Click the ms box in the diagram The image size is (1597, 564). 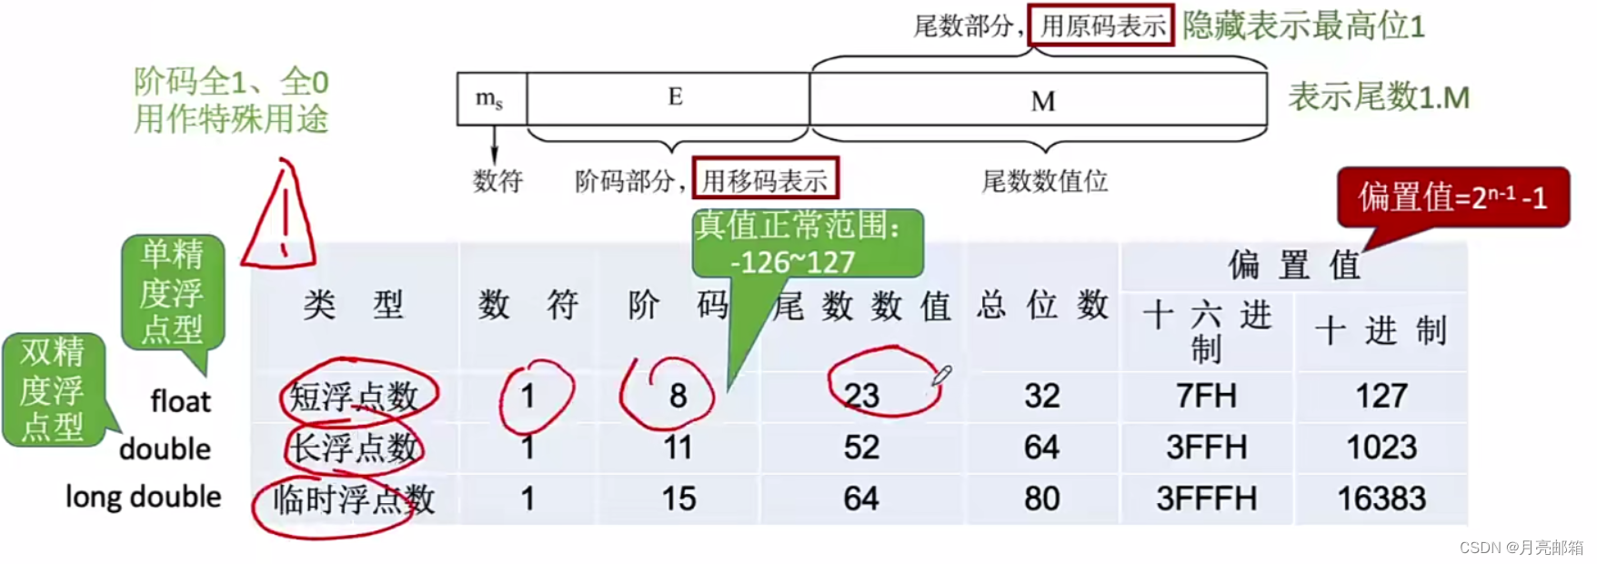pyautogui.click(x=491, y=98)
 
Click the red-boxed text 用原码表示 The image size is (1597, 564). pyautogui.click(x=1101, y=25)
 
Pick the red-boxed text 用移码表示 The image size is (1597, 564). pyautogui.click(x=765, y=180)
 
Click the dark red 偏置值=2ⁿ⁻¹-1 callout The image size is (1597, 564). pyautogui.click(x=1452, y=197)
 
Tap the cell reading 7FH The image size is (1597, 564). pyautogui.click(x=1206, y=396)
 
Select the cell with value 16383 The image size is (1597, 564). pyautogui.click(x=1381, y=499)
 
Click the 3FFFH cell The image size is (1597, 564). pyautogui.click(x=1206, y=499)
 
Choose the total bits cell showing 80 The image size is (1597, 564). pyautogui.click(x=1041, y=499)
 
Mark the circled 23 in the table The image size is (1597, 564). pyautogui.click(x=861, y=395)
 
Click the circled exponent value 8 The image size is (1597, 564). pyautogui.click(x=678, y=395)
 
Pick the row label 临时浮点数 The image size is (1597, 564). pyautogui.click(x=354, y=499)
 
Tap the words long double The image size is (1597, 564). pyautogui.click(x=144, y=497)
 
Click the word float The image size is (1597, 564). pyautogui.click(x=180, y=400)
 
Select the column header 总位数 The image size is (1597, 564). pyautogui.click(x=1042, y=306)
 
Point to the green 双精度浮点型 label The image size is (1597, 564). pyautogui.click(x=53, y=389)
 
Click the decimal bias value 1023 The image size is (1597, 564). pyautogui.click(x=1381, y=448)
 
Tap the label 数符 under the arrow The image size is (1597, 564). pyautogui.click(x=497, y=181)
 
